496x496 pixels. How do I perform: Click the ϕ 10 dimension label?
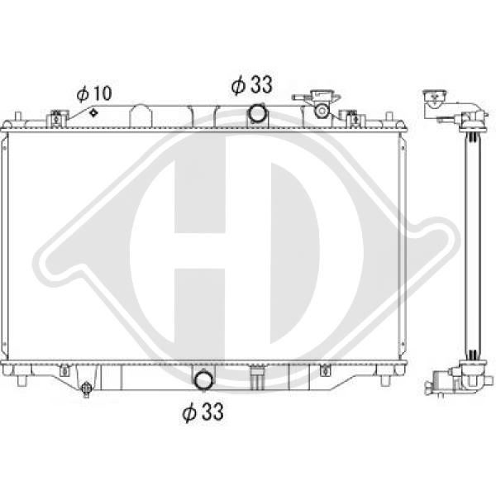coord(94,93)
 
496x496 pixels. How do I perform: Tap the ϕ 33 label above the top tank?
coord(252,84)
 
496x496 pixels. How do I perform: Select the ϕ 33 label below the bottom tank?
coord(203,411)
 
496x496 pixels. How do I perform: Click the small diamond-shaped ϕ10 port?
coord(93,112)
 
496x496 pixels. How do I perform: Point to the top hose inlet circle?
coord(258,113)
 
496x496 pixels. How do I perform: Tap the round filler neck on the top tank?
coord(322,111)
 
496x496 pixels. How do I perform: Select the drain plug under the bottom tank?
coord(86,389)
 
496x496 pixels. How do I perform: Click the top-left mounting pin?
coord(17,116)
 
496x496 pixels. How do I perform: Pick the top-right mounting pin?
coord(389,116)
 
